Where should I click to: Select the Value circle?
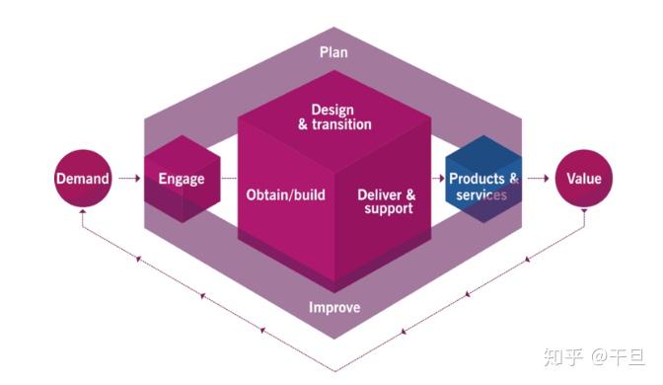pos(583,179)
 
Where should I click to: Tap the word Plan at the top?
pos(334,50)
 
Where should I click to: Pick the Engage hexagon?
pos(181,180)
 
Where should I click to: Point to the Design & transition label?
pos(334,116)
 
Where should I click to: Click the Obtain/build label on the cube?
pos(285,193)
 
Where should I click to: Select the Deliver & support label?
pos(387,201)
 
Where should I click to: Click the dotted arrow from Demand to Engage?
pos(129,180)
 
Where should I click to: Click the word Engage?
pos(182,180)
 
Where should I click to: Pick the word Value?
pos(583,179)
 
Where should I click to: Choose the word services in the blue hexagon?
pos(482,195)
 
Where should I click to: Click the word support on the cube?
pos(388,209)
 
